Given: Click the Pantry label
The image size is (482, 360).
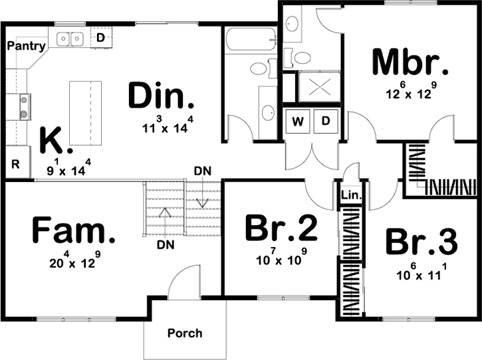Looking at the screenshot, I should point(27,46).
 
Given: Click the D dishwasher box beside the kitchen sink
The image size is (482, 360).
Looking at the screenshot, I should point(101,38).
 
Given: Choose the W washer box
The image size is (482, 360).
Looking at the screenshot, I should point(298,121).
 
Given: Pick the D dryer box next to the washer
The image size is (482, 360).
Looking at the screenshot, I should point(326,121).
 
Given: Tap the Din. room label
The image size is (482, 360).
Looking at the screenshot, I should point(162,97).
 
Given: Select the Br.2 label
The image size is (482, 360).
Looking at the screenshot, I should point(281,229).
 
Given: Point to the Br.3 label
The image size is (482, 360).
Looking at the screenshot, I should point(422,243).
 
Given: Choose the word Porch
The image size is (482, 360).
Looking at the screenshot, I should point(185,333).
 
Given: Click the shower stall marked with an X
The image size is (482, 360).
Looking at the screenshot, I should point(320,86).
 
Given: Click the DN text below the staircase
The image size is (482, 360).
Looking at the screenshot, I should point(166,245).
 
